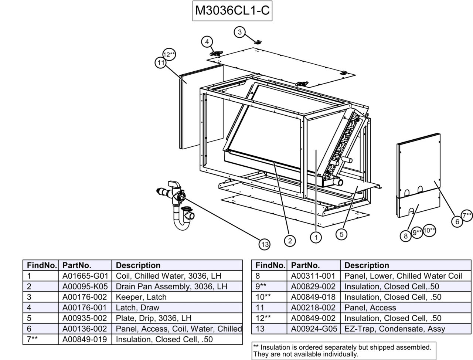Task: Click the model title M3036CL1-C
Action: coord(232,11)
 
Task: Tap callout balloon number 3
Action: coord(239,32)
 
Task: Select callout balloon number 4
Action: coord(207,42)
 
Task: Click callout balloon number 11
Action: coord(160,63)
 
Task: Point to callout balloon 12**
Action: coord(169,55)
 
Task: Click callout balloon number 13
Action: coord(265,244)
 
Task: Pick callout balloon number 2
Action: coord(290,241)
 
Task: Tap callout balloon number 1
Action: coord(316,237)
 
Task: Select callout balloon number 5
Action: coord(341,234)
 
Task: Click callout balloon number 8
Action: coord(405,236)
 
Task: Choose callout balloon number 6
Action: coord(457,221)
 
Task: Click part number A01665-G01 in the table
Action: coord(85,276)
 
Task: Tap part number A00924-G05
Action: coord(313,329)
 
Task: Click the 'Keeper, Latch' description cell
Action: coord(141,297)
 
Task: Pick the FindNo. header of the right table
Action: coord(270,265)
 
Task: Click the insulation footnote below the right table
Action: coord(342,351)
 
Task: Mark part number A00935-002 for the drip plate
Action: coord(85,318)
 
